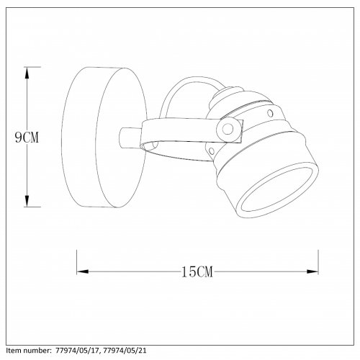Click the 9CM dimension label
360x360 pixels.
pyautogui.click(x=27, y=138)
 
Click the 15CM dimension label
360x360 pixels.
pyautogui.click(x=197, y=272)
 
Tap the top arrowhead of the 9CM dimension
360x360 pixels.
pyautogui.click(x=27, y=73)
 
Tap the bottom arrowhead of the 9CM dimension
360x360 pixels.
pyautogui.click(x=27, y=201)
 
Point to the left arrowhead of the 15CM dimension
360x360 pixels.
pyautogui.click(x=83, y=271)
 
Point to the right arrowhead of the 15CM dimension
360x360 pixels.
pyautogui.click(x=312, y=271)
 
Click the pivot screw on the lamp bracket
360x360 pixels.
pyautogui.click(x=228, y=130)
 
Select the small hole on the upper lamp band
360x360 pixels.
pyautogui.click(x=270, y=113)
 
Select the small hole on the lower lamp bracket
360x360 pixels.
pyautogui.click(x=212, y=151)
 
